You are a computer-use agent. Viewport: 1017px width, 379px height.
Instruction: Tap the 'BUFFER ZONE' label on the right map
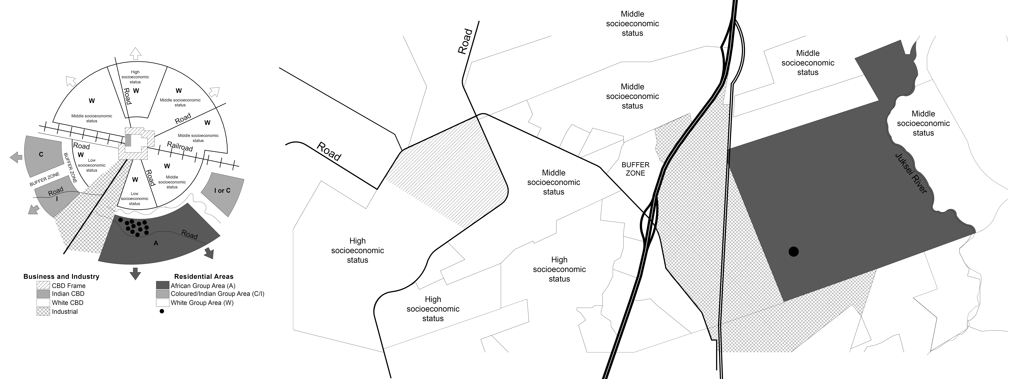(x=635, y=169)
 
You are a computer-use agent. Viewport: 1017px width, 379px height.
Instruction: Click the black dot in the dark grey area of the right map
(x=794, y=251)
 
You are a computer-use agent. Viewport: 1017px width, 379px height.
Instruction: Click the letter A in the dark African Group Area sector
(x=156, y=243)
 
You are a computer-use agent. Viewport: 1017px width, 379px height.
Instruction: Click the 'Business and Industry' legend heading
(x=61, y=276)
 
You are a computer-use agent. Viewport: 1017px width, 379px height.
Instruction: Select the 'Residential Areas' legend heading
(x=204, y=276)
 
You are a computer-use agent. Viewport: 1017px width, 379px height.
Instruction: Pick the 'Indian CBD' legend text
(x=68, y=294)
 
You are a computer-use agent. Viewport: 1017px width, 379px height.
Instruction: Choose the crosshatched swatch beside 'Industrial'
(x=43, y=312)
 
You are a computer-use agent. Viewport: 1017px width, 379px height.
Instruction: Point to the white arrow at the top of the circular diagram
(x=135, y=53)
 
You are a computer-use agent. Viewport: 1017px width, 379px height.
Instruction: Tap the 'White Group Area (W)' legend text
(x=202, y=303)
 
